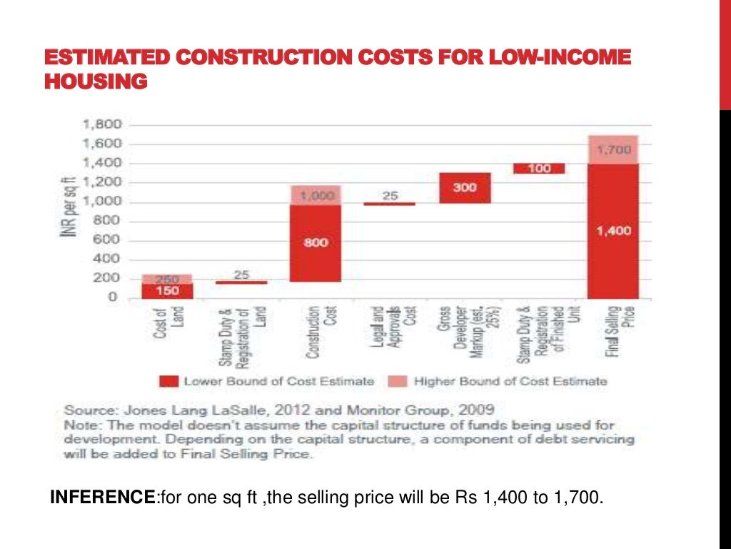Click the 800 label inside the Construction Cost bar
tap(316, 243)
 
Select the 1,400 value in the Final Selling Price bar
tap(612, 231)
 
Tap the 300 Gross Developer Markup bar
tap(465, 187)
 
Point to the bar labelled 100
tap(539, 169)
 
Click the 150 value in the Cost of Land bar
tap(167, 290)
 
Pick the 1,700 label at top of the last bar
tap(612, 150)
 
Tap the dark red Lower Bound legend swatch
tap(168, 382)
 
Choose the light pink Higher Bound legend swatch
tap(398, 382)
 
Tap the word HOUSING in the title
tap(96, 82)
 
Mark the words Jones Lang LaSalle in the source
tap(164, 411)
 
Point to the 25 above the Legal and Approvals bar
tap(389, 195)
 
